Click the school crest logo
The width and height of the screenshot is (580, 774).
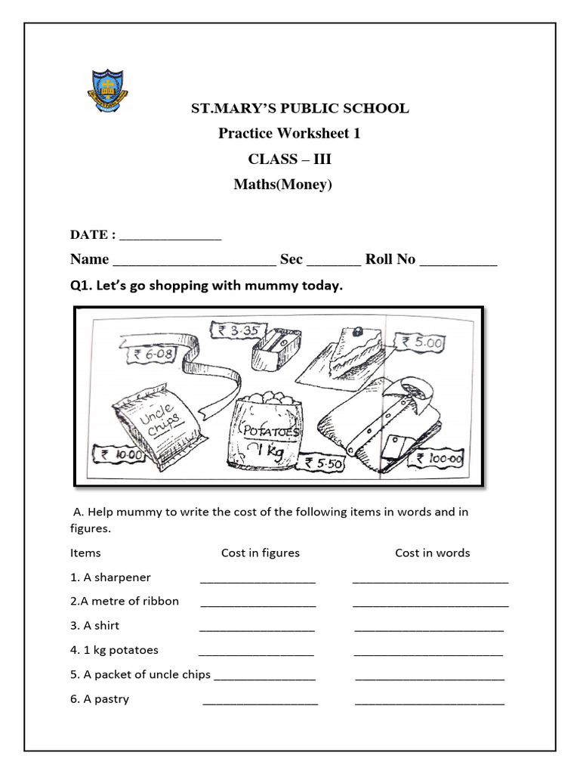click(105, 90)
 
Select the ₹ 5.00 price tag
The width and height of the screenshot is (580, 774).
click(423, 343)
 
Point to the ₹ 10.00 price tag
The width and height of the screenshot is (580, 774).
click(119, 454)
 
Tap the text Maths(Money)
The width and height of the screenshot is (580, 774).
click(282, 184)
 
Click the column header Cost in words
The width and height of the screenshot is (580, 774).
click(432, 553)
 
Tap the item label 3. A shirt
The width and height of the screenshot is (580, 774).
click(94, 626)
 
